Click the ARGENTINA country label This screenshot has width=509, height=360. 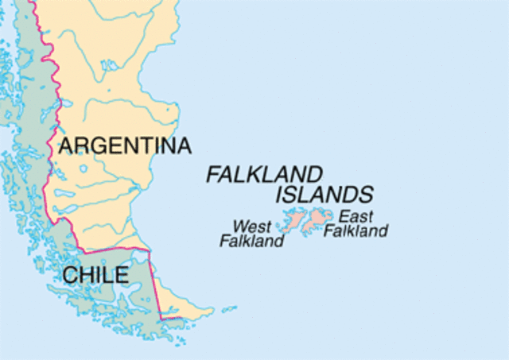[125, 146]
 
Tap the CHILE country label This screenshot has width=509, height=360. [95, 276]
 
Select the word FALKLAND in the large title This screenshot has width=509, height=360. [265, 174]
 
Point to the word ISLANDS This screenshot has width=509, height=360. [324, 195]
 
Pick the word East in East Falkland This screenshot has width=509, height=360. [356, 216]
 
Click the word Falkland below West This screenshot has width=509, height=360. [251, 240]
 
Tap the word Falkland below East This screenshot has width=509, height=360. [356, 231]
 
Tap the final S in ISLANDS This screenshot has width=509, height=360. [365, 195]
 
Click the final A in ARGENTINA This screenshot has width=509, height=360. [184, 146]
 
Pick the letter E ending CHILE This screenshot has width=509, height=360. [121, 276]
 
